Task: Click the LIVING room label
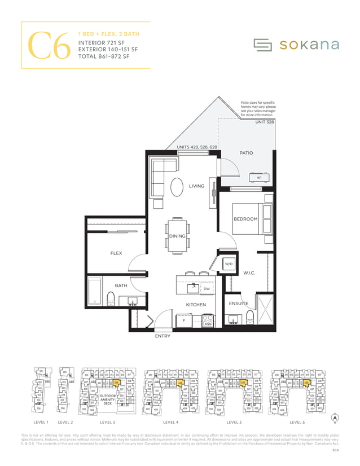tap(196, 186)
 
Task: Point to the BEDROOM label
tap(245, 219)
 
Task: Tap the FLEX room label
tap(116, 253)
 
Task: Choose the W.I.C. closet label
tap(250, 274)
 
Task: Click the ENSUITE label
tap(238, 304)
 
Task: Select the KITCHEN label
tap(196, 305)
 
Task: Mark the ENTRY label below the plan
tap(163, 336)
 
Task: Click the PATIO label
tap(246, 153)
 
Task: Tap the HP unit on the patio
tap(259, 178)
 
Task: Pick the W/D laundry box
tap(229, 263)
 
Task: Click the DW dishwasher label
tap(206, 288)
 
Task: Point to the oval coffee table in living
tap(177, 187)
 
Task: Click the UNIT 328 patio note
tap(264, 122)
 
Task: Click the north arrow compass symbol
tap(335, 419)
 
